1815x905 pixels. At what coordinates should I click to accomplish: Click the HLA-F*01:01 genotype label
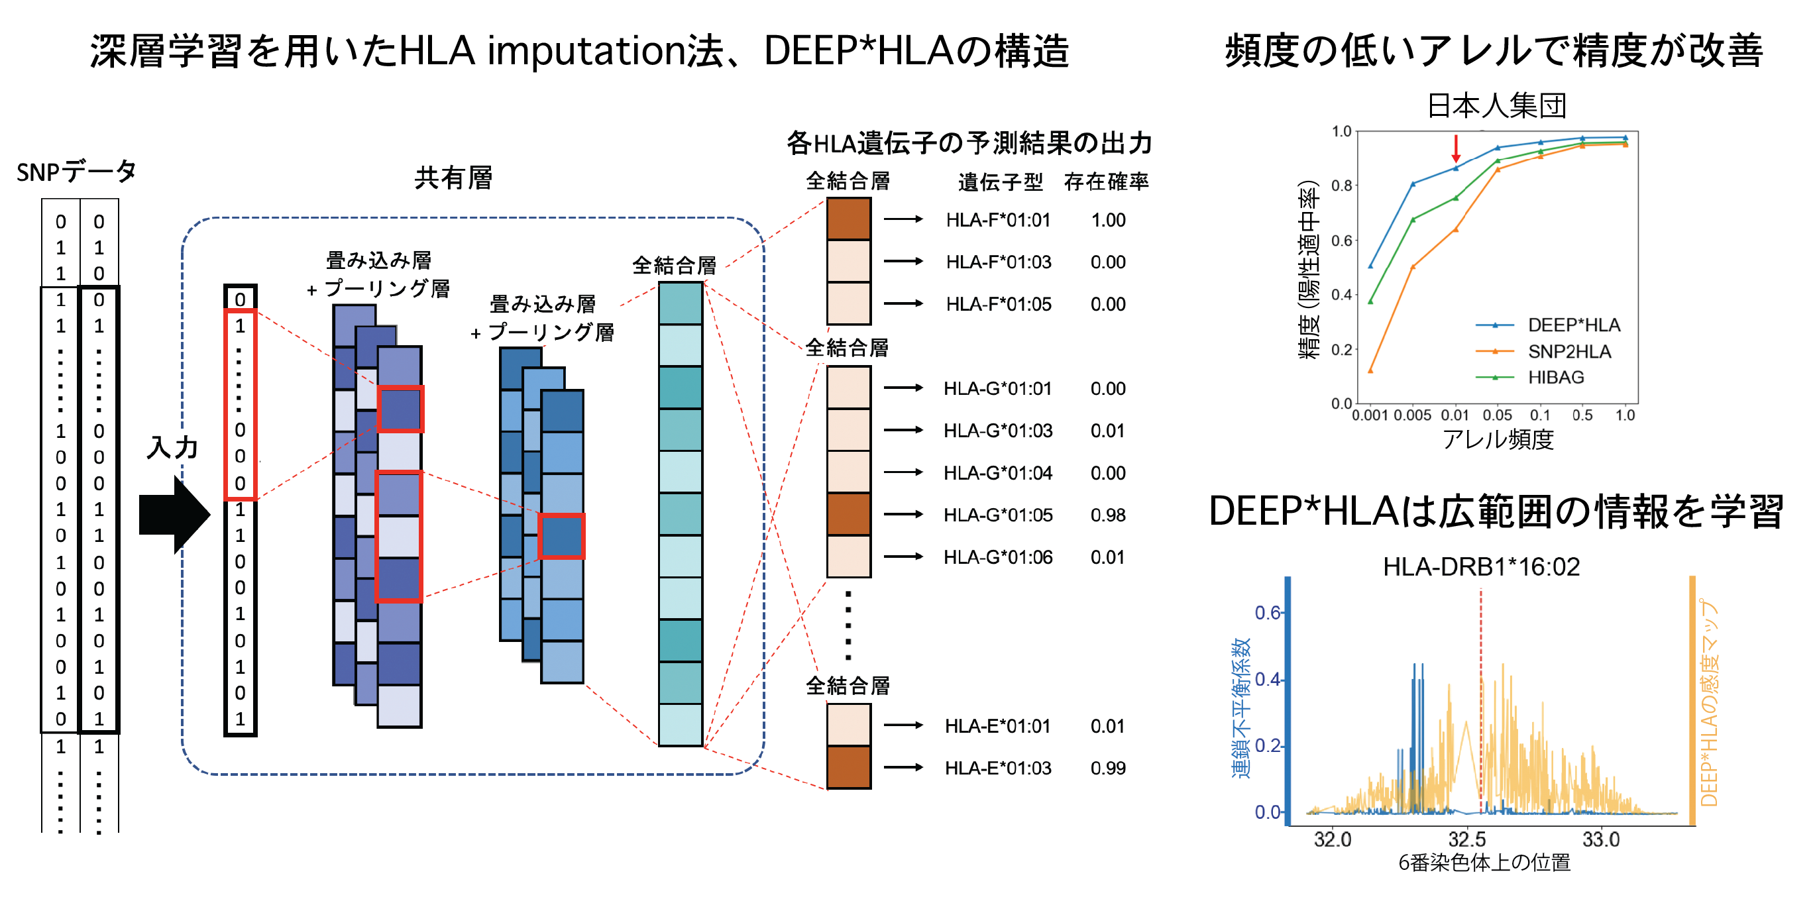pos(998,221)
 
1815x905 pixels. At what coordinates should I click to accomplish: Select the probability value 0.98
pos(1107,515)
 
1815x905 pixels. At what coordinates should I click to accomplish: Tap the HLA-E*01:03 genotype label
pos(998,769)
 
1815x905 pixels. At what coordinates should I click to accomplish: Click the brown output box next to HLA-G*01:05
pos(848,514)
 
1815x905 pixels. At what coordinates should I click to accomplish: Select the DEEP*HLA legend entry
pos(1573,325)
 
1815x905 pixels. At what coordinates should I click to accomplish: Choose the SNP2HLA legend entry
pos(1569,351)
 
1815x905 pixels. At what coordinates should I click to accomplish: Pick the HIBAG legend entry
pos(1556,378)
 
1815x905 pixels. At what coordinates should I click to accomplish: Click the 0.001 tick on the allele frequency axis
pos(1370,415)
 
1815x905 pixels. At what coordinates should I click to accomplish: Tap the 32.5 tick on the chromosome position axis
pos(1467,839)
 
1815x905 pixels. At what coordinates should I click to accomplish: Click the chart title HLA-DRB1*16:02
pos(1481,567)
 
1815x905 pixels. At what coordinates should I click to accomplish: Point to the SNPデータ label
pos(76,172)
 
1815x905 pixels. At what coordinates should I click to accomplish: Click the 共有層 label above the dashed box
pos(453,178)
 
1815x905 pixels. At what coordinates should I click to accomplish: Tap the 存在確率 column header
pos(1106,182)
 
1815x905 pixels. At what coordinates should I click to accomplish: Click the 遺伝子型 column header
pos(1000,182)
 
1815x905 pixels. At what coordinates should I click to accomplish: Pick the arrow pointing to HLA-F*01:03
pos(903,261)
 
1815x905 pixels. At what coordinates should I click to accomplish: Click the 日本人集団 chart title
pos(1496,105)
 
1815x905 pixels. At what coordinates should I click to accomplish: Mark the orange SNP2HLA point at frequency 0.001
pos(1370,370)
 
